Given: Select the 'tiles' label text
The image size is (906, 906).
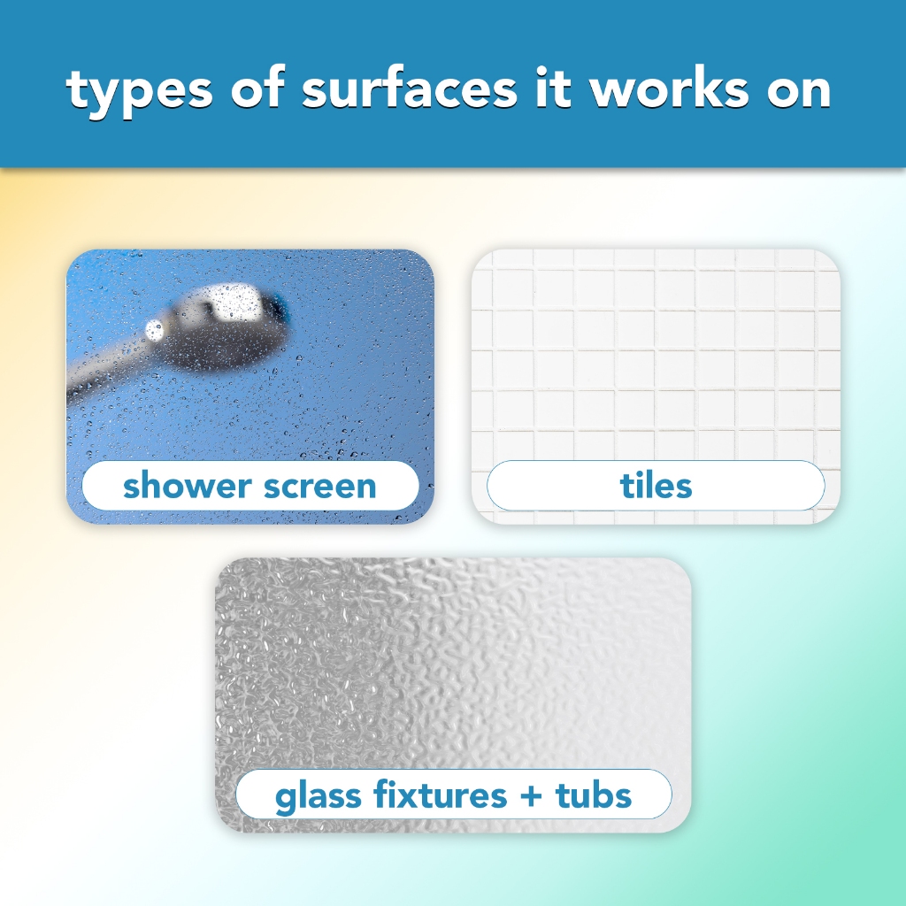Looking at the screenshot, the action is click(656, 486).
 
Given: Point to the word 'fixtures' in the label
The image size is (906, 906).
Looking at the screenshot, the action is click(441, 795).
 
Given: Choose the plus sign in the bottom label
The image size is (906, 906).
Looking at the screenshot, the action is click(531, 796).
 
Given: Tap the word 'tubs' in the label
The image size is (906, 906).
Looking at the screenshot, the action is click(594, 795).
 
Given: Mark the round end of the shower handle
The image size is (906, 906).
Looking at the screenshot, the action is click(154, 331).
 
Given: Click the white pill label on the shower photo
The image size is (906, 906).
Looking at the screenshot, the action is click(250, 486).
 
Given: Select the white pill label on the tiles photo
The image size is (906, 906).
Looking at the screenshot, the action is click(656, 486).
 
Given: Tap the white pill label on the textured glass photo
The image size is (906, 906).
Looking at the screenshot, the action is click(454, 795).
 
